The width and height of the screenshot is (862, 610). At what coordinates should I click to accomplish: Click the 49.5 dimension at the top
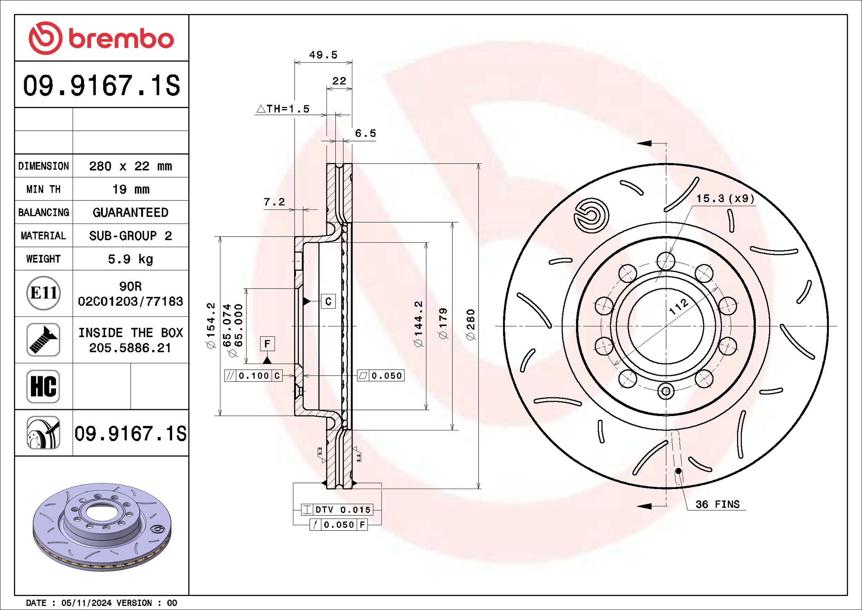(x=323, y=55)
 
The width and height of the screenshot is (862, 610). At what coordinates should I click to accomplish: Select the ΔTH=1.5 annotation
(x=283, y=109)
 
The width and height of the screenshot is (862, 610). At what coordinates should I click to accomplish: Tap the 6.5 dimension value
(x=365, y=133)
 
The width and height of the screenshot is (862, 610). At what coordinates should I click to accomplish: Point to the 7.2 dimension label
(x=274, y=202)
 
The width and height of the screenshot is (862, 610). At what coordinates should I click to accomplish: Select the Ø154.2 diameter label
(x=211, y=325)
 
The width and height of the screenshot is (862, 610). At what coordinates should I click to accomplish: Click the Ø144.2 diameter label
(x=418, y=324)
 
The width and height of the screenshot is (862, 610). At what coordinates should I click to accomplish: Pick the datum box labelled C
(x=328, y=302)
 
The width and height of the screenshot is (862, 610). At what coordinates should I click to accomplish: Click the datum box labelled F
(x=267, y=344)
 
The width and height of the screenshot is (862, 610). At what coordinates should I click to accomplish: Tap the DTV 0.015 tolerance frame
(x=337, y=510)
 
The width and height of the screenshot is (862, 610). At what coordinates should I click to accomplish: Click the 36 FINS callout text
(x=717, y=504)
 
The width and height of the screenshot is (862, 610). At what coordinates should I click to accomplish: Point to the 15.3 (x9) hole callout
(x=725, y=198)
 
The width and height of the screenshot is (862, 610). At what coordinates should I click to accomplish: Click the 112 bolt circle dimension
(x=678, y=306)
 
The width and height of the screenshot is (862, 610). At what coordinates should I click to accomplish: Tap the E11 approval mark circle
(x=43, y=293)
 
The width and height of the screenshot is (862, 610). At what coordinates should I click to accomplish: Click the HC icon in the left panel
(x=43, y=386)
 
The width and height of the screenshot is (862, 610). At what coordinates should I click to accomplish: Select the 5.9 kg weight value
(x=130, y=259)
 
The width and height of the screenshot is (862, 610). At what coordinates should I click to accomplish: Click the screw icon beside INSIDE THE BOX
(x=43, y=340)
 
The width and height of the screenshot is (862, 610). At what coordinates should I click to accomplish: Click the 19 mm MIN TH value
(x=130, y=189)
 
